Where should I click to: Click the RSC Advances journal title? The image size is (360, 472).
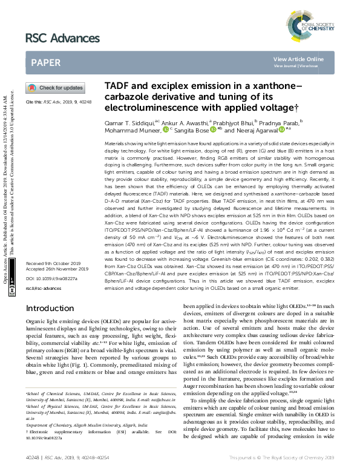tap(62, 38)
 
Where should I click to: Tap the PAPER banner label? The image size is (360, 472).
tap(45, 62)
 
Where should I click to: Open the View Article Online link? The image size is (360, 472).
tap(298, 59)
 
